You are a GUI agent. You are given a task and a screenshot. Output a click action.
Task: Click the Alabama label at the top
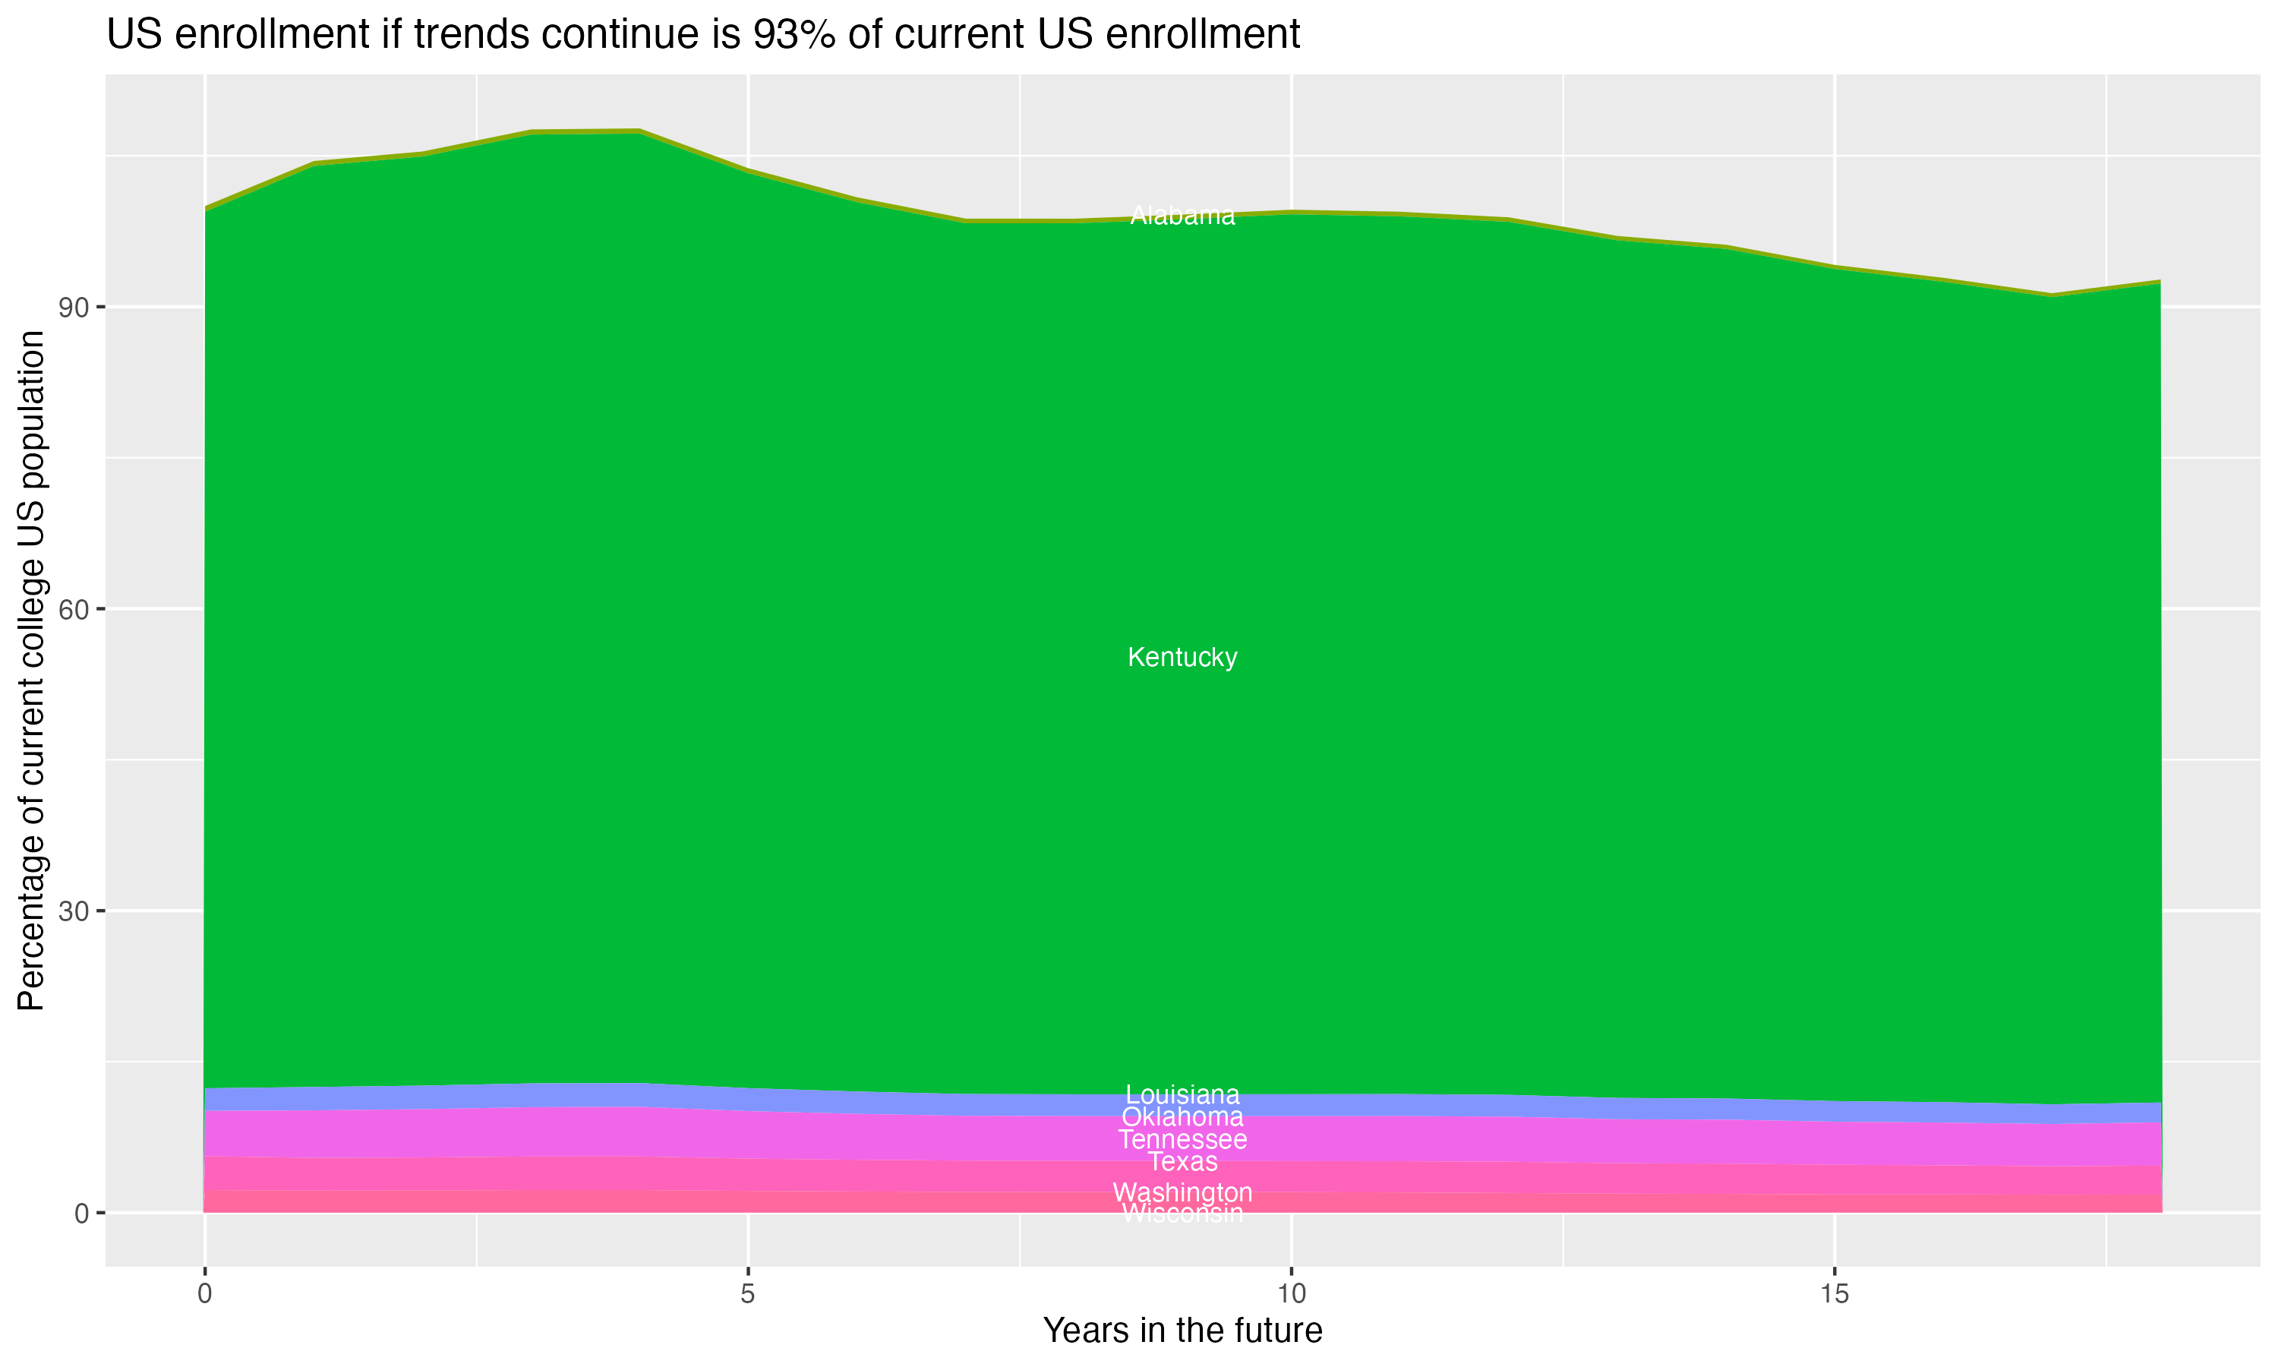(x=1182, y=216)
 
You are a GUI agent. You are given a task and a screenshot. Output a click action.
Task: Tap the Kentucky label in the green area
(x=1182, y=658)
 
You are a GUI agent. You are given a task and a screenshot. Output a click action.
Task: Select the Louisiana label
(x=1182, y=1095)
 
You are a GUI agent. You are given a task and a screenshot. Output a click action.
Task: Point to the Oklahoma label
(x=1182, y=1117)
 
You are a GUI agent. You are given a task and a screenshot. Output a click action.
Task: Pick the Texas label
(x=1182, y=1163)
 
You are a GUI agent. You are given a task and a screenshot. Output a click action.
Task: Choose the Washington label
(x=1182, y=1193)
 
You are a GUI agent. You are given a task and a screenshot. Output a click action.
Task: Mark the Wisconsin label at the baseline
(x=1182, y=1214)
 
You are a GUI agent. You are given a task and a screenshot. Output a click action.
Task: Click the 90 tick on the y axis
(x=74, y=308)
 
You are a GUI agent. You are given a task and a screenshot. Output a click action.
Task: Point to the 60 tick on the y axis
(x=74, y=610)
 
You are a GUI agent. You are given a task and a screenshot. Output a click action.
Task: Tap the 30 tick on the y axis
(x=74, y=912)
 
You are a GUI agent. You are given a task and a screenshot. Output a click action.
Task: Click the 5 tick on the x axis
(x=748, y=1294)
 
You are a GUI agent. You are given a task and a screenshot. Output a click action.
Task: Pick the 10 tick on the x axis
(x=1291, y=1294)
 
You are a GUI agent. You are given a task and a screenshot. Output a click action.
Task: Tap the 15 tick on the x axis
(x=1835, y=1294)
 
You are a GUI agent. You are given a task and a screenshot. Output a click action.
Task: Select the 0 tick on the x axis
(x=204, y=1294)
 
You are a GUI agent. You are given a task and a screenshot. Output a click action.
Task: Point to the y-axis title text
(x=31, y=671)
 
